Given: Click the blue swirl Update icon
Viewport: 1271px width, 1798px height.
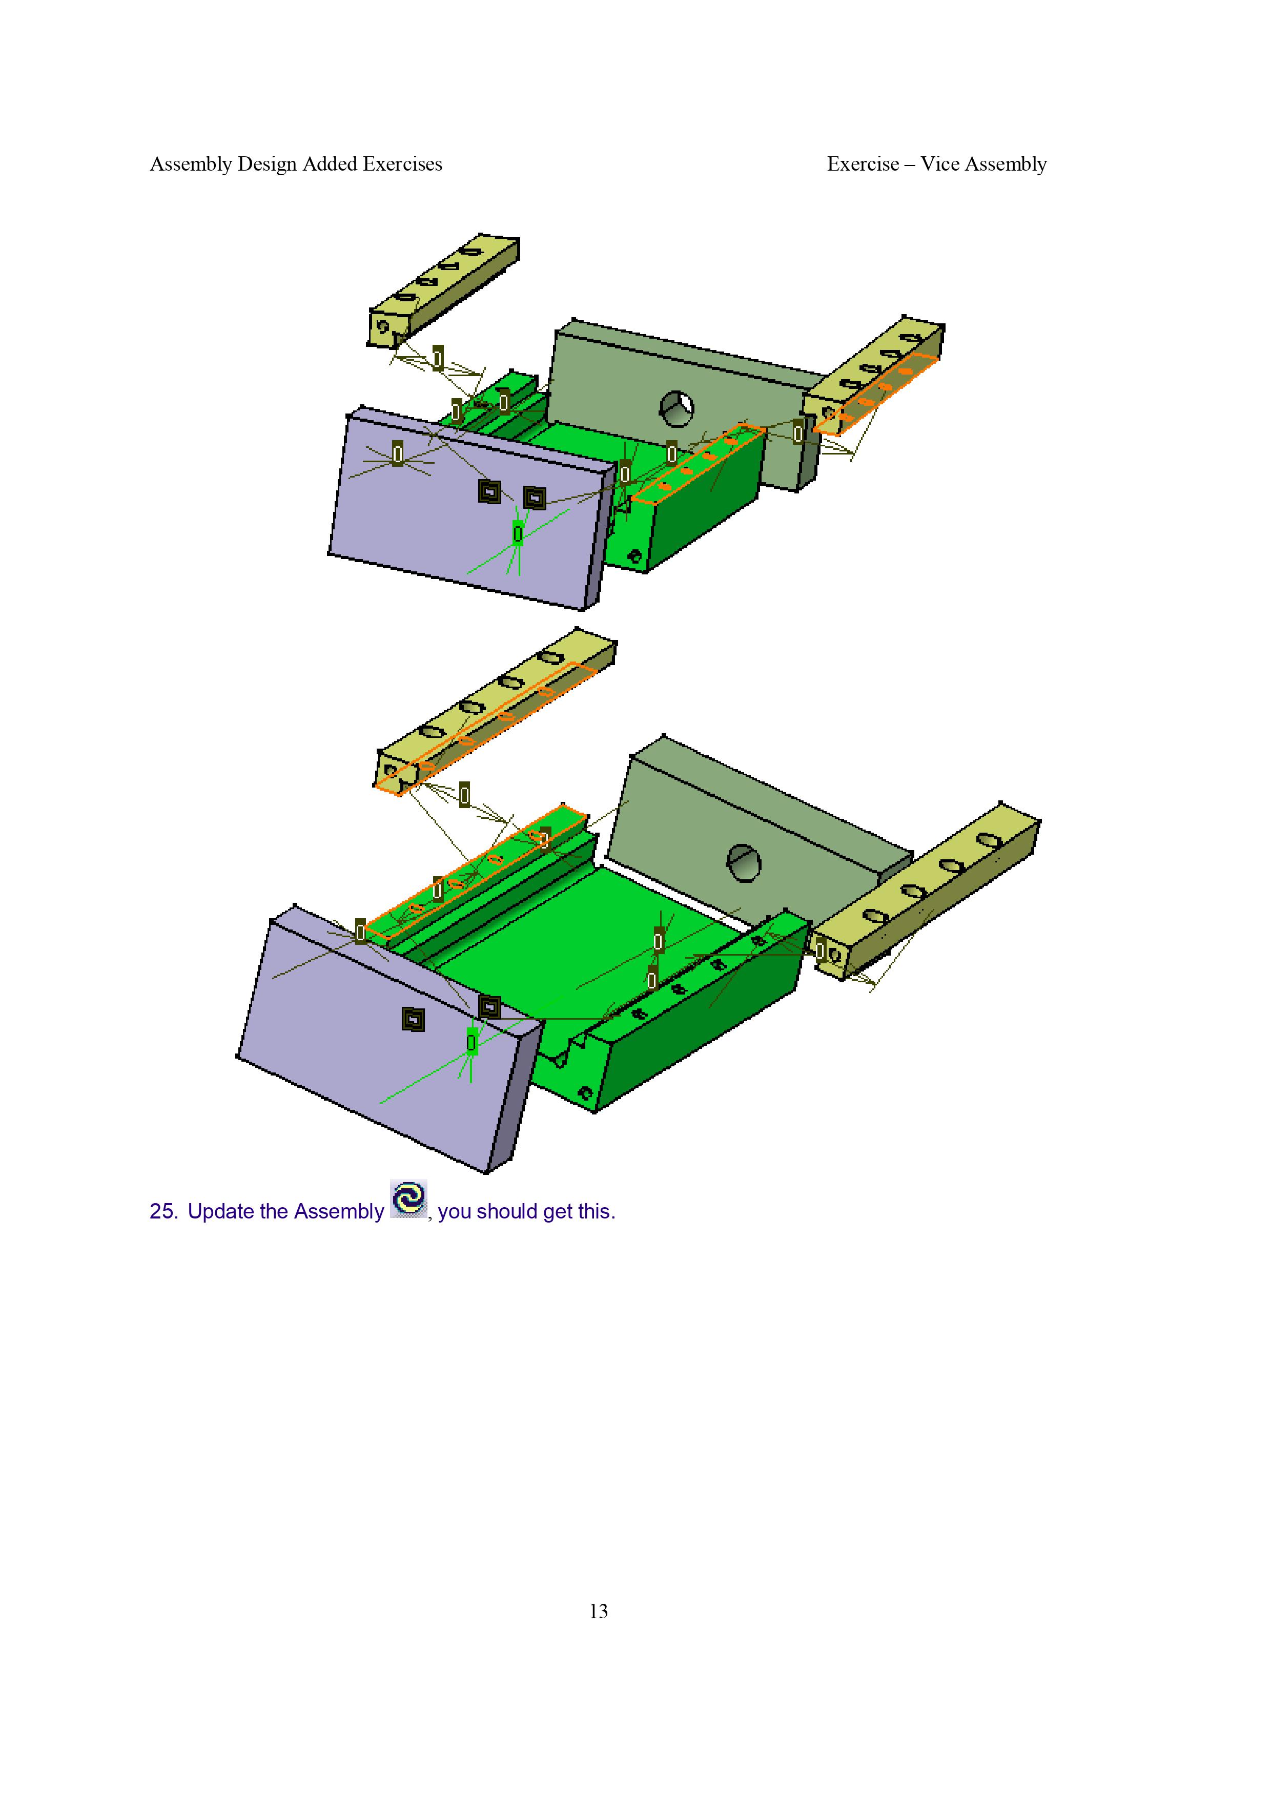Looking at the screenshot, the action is [408, 1198].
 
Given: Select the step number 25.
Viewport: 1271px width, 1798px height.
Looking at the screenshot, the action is [163, 1211].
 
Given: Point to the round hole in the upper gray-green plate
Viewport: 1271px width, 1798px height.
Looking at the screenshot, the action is [676, 408].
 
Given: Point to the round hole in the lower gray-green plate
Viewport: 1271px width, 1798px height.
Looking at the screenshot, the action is [744, 862].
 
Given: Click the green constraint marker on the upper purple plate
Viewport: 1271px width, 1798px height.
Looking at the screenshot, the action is [518, 533].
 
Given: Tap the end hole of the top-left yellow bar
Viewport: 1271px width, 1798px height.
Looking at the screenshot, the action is [383, 326].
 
